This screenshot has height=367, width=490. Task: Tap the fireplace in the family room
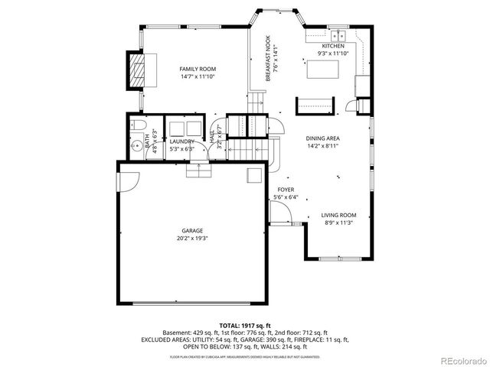[136, 72]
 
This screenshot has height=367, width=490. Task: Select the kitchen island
[322, 70]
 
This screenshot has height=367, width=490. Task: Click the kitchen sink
[338, 36]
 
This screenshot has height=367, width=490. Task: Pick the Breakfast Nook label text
[269, 60]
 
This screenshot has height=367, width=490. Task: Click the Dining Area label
[323, 138]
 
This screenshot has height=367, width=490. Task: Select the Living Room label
[338, 216]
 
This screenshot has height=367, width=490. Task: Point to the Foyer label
[286, 190]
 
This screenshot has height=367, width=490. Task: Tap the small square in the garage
[252, 175]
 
